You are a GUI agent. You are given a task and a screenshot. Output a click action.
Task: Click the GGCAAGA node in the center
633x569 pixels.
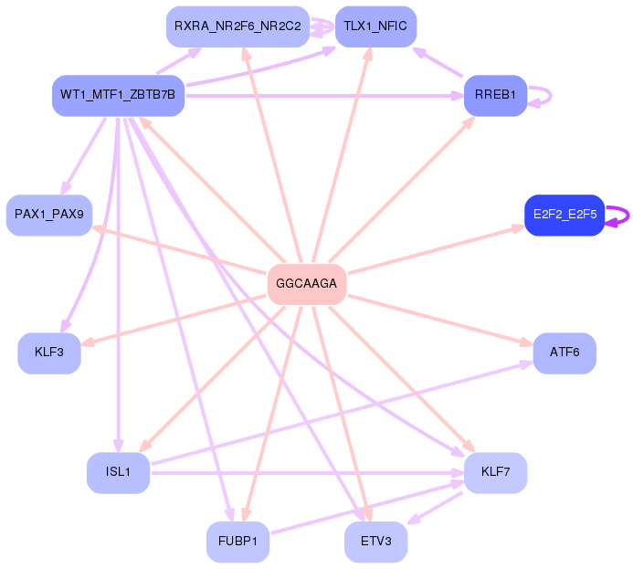pyautogui.click(x=307, y=284)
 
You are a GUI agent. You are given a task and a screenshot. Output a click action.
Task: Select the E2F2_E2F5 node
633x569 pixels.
pyautogui.click(x=564, y=215)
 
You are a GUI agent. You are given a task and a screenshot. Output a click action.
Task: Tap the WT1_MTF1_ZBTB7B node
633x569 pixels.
pyautogui.click(x=119, y=95)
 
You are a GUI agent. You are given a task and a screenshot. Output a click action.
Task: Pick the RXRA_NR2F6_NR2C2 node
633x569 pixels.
pyautogui.click(x=237, y=26)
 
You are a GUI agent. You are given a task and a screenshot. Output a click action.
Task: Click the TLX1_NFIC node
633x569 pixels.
pyautogui.click(x=375, y=26)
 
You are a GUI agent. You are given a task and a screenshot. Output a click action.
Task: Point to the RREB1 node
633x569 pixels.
pyautogui.click(x=495, y=95)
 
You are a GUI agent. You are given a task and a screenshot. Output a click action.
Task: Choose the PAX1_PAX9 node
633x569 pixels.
pyautogui.click(x=49, y=215)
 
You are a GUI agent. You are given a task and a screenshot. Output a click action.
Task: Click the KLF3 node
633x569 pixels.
pyautogui.click(x=49, y=353)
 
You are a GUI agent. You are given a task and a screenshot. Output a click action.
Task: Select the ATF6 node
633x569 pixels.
pyautogui.click(x=564, y=353)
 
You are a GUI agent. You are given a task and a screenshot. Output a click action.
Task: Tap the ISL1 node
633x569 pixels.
pyautogui.click(x=119, y=472)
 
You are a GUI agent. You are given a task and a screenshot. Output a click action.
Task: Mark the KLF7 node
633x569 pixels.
pyautogui.click(x=495, y=472)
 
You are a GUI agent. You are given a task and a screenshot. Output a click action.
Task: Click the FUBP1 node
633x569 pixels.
pyautogui.click(x=237, y=542)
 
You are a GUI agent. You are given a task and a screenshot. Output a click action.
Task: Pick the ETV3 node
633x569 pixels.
pyautogui.click(x=375, y=542)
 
